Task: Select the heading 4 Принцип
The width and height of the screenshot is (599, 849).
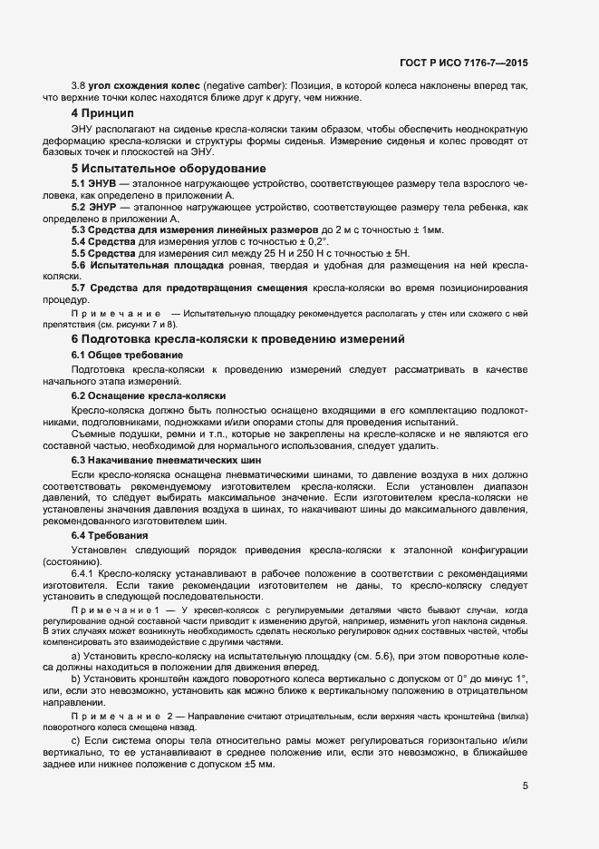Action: (102, 113)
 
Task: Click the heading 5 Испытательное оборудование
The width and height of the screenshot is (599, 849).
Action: (168, 169)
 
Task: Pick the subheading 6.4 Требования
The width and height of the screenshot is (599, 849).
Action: (110, 536)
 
